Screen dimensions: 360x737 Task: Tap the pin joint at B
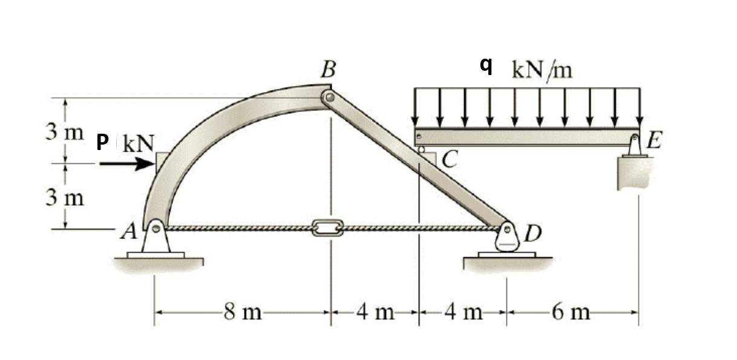tap(329, 97)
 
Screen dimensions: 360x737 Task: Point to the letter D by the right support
tap(534, 232)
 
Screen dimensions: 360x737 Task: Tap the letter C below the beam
tap(450, 160)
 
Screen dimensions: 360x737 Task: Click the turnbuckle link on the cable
tap(327, 228)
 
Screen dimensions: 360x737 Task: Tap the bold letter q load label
tap(485, 65)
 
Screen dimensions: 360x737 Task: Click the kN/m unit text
tap(541, 70)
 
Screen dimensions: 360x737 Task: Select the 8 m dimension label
tap(241, 313)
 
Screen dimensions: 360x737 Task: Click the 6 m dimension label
tap(571, 313)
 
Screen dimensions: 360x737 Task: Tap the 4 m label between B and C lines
tap(375, 313)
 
